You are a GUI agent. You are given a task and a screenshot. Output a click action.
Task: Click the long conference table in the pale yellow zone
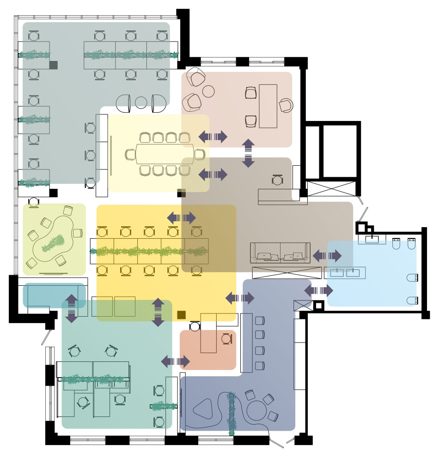tap(165, 154)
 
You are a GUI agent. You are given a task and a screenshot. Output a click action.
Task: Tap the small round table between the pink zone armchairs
tap(208, 91)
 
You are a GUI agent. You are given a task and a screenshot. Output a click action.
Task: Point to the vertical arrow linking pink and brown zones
tap(248, 153)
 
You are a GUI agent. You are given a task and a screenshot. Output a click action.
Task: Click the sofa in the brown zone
tap(280, 253)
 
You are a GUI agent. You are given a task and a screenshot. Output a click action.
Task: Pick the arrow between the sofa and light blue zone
tap(327, 255)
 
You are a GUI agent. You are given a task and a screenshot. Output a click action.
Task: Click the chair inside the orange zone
tap(226, 339)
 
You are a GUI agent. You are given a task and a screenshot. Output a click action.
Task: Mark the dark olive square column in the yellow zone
tap(181, 315)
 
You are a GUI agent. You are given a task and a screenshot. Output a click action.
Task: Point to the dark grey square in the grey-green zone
tap(53, 65)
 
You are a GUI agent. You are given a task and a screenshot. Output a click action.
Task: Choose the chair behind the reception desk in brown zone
tap(277, 180)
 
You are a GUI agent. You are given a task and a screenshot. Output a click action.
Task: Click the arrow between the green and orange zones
tap(175, 361)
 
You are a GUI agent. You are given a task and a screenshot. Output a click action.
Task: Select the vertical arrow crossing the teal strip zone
tap(71, 308)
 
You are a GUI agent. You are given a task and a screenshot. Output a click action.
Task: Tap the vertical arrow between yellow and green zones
tap(158, 313)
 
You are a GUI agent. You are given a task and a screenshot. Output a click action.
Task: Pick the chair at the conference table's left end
tap(130, 155)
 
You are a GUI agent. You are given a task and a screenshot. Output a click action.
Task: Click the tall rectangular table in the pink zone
tap(268, 106)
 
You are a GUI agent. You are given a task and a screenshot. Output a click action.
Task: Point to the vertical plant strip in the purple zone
tap(232, 413)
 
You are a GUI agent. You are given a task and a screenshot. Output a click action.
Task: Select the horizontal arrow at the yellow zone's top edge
tap(181, 218)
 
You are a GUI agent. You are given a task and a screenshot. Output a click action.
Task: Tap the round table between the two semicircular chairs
tap(141, 102)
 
